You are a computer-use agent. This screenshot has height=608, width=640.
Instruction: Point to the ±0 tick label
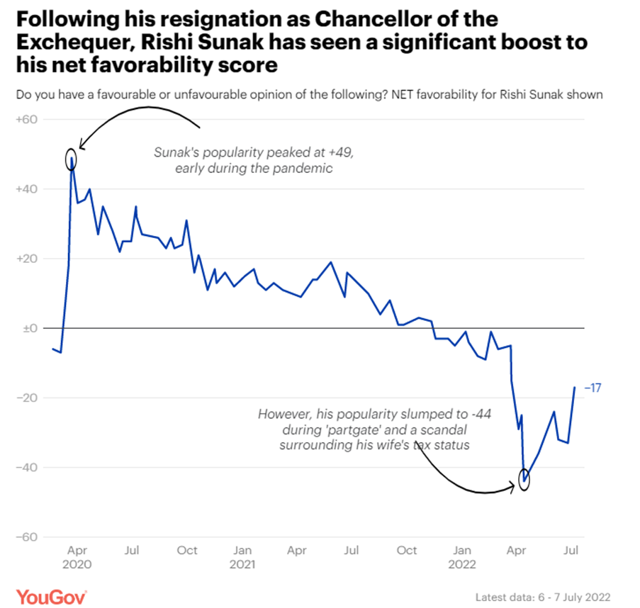coord(29,328)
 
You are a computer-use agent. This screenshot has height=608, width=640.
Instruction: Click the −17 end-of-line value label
coord(593,388)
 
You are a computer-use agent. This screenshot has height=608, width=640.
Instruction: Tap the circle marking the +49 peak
coord(70,159)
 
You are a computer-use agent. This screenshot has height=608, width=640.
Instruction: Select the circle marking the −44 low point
coord(524,479)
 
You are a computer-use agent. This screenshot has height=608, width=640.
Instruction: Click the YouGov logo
coord(52,597)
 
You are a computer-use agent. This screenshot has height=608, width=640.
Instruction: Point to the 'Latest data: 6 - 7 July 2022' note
coord(543,597)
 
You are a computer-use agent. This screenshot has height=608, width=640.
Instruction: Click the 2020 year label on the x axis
coord(78,565)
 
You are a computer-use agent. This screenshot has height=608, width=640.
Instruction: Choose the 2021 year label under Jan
coord(243,565)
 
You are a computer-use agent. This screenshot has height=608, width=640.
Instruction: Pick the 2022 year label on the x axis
coord(462,565)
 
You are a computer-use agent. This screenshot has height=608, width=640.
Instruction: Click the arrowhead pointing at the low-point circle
coord(513,487)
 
